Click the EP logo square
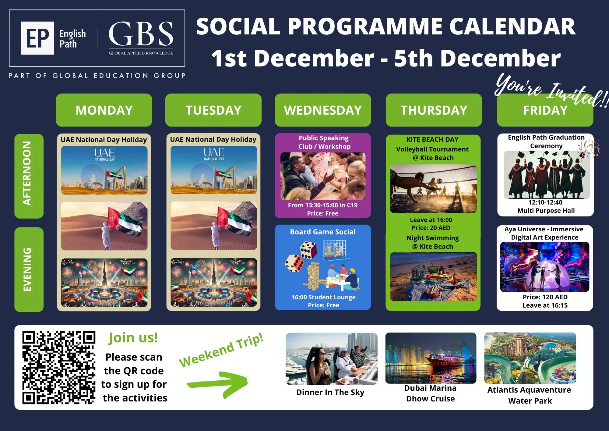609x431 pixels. tap(37, 38)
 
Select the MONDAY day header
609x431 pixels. tap(104, 110)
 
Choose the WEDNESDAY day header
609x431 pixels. tap(323, 110)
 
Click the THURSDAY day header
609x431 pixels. tap(434, 110)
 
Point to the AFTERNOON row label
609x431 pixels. tap(29, 176)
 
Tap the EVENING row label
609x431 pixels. tap(29, 269)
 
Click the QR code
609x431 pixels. tap(59, 368)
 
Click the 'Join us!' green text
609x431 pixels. tap(133, 338)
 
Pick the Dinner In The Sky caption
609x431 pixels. tap(330, 392)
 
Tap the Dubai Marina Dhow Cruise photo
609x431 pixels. tap(431, 358)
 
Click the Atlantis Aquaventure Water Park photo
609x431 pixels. tap(530, 358)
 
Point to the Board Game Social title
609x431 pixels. tap(323, 232)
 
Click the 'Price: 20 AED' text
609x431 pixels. tap(431, 228)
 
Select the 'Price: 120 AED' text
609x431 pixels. tap(545, 297)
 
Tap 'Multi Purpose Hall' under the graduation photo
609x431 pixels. tap(546, 211)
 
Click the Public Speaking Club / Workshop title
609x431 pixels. tap(324, 142)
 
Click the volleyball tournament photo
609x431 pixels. tap(433, 189)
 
